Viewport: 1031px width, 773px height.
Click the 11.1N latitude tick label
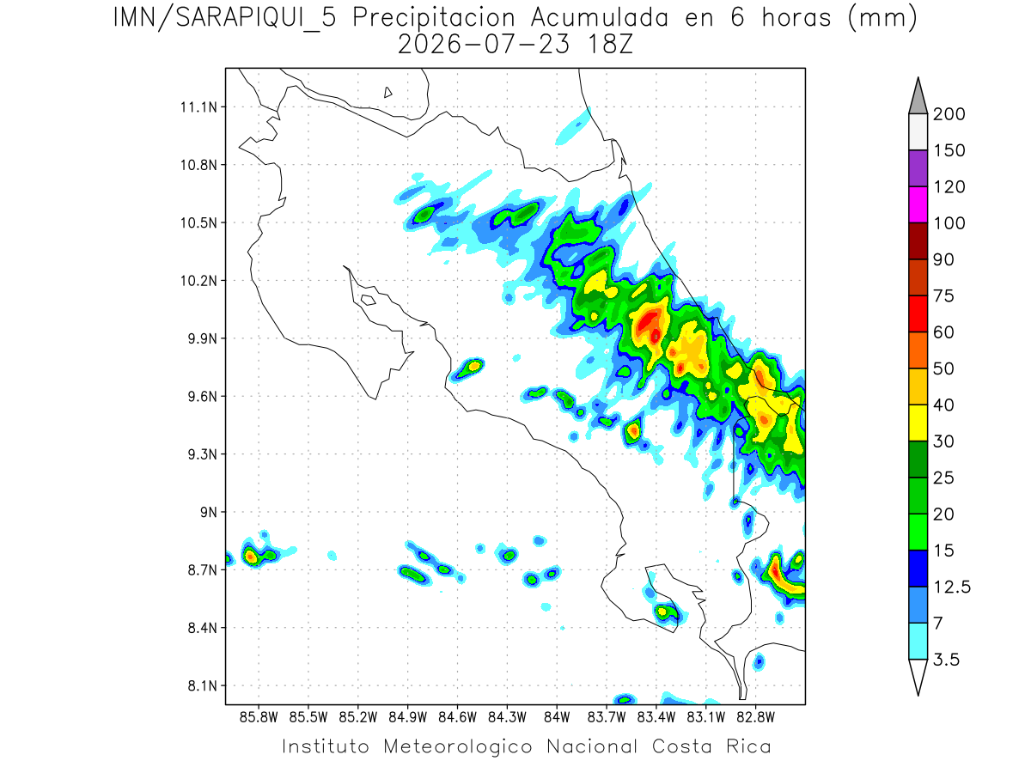pos(198,107)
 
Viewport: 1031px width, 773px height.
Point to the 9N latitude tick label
pos(209,512)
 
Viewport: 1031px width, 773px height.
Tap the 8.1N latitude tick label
pos(203,685)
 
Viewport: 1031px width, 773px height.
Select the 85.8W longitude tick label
pos(259,718)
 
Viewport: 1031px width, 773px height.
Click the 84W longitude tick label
pos(557,718)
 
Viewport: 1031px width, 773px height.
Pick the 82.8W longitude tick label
pos(755,718)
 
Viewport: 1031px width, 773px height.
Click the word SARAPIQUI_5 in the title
pos(256,19)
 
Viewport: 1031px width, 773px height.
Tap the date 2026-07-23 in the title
pos(484,45)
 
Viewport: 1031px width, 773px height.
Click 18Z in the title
pos(610,45)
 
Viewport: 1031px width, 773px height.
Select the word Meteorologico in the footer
pos(458,747)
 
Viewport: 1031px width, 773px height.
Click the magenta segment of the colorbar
pos(918,204)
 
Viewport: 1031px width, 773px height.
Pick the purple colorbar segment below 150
pos(918,168)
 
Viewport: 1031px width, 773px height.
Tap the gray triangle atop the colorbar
pos(918,96)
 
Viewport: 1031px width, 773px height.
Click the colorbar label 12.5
pos(952,587)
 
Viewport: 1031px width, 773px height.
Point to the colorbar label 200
pos(949,114)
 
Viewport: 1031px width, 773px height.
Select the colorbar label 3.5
pos(946,660)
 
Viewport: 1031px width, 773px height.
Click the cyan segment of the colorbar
pos(918,642)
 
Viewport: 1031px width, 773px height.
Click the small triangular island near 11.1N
pos(387,93)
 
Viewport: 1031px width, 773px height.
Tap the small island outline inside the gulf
pos(369,300)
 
